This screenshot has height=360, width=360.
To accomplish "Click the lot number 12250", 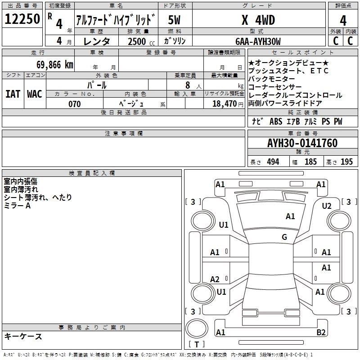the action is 22,19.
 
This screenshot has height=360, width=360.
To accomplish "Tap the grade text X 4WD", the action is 258,20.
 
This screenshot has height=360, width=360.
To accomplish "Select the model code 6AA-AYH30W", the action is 258,41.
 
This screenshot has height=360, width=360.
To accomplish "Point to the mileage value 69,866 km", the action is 55,65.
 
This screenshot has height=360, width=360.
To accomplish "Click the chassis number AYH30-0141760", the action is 302,143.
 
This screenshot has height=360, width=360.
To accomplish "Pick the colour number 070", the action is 75,104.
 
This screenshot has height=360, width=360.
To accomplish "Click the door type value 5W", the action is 174,20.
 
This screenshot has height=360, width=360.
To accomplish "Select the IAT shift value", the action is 13,94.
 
